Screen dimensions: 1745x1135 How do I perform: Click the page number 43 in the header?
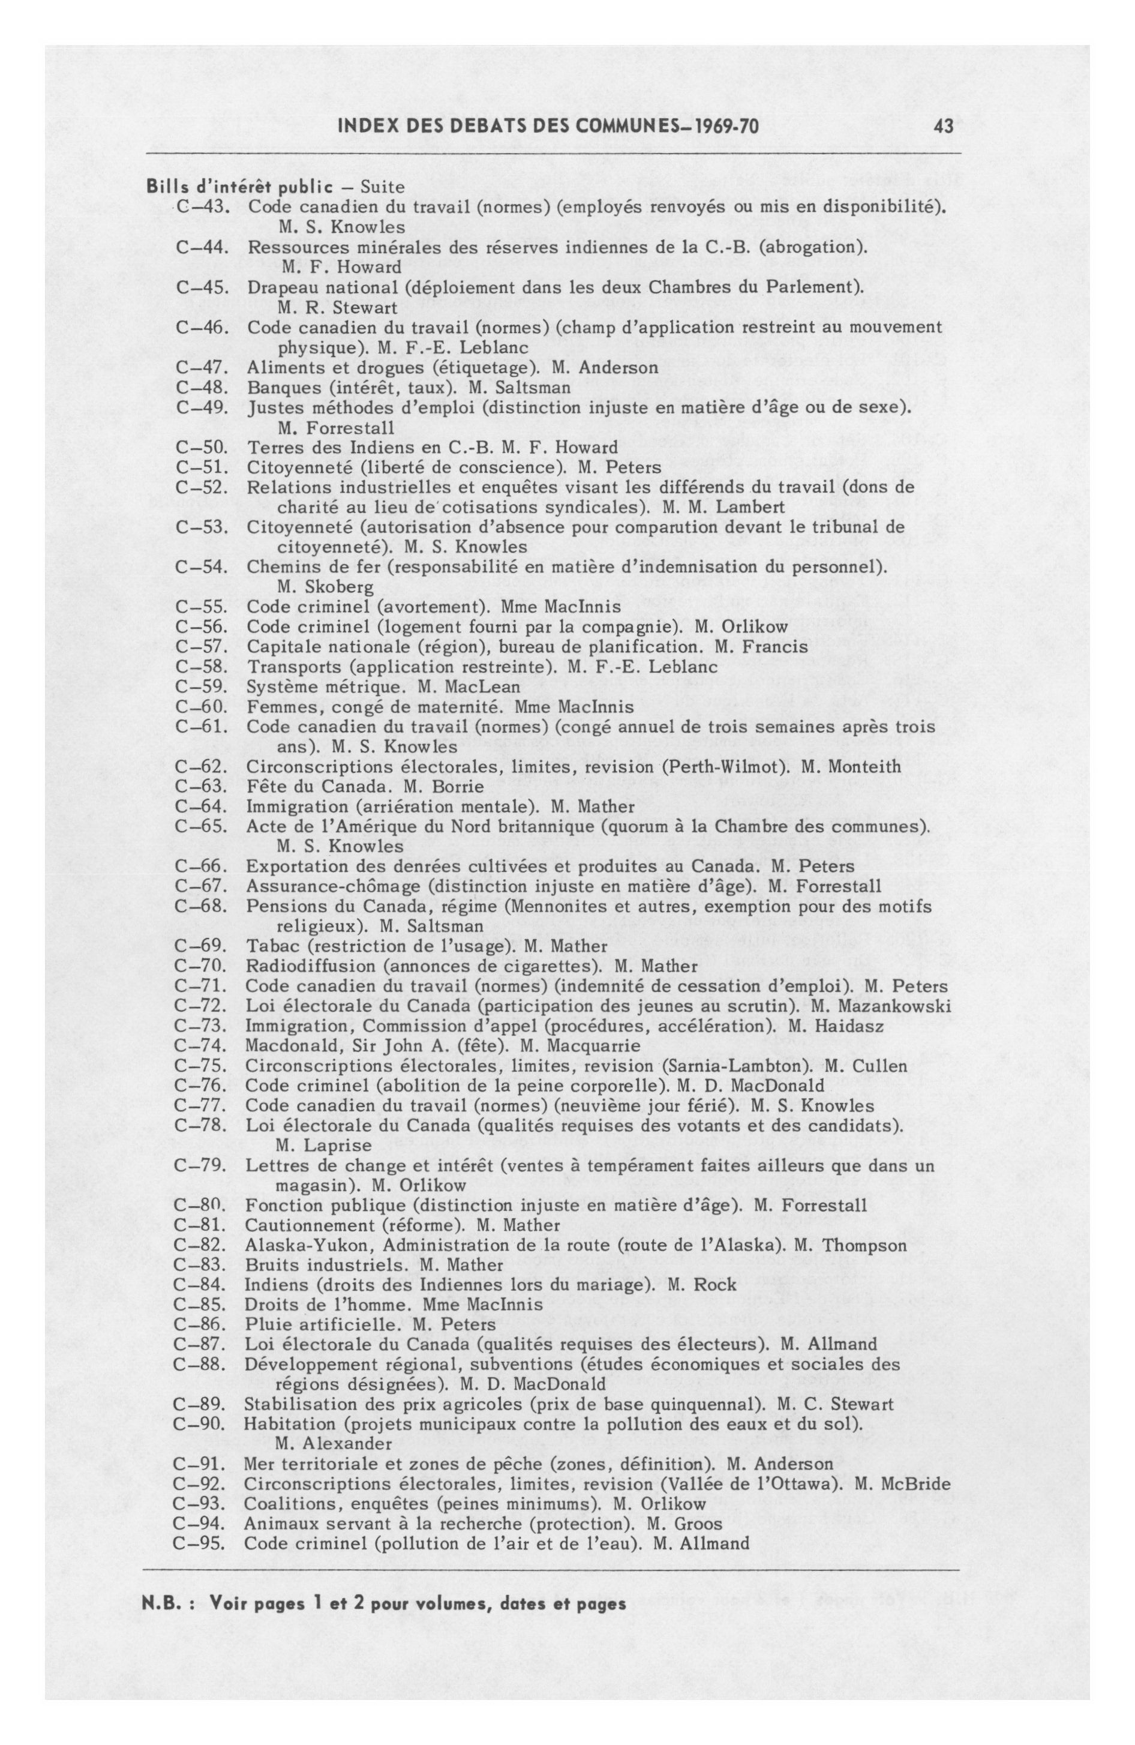944,127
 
